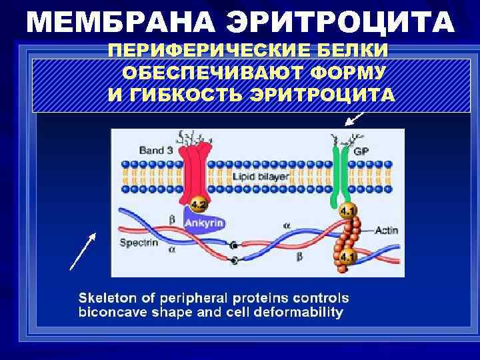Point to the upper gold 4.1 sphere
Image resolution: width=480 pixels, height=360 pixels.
click(x=347, y=212)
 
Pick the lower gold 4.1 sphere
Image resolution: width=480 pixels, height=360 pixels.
click(x=347, y=257)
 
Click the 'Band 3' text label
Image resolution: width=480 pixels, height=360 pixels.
click(x=155, y=151)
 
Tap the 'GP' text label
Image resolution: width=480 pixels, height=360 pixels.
click(x=361, y=151)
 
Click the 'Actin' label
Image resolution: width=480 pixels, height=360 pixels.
click(x=387, y=230)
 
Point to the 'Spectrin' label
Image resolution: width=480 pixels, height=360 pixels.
click(x=139, y=243)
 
